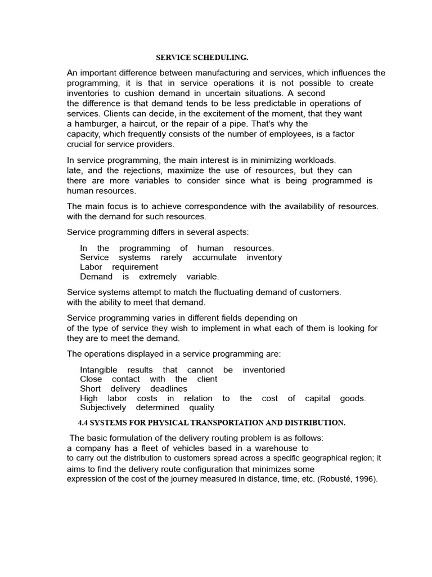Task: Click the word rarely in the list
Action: click(x=172, y=258)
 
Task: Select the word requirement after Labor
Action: click(x=135, y=267)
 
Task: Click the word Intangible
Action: click(x=98, y=370)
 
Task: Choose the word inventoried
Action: click(x=264, y=370)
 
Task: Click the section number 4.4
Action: click(x=83, y=423)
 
